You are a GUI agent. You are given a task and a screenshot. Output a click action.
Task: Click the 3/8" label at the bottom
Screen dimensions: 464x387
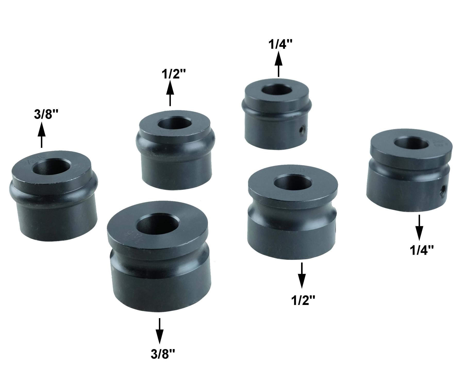click(x=163, y=354)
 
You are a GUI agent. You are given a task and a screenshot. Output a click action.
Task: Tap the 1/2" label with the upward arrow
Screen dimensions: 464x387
click(x=173, y=74)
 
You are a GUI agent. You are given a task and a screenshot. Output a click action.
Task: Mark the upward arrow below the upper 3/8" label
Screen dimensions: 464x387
click(x=42, y=135)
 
